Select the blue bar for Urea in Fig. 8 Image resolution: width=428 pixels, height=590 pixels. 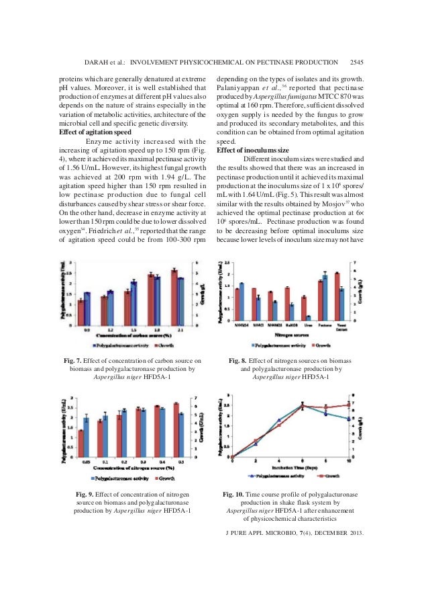click(309, 317)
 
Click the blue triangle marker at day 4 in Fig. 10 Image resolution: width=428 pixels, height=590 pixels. click(278, 420)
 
